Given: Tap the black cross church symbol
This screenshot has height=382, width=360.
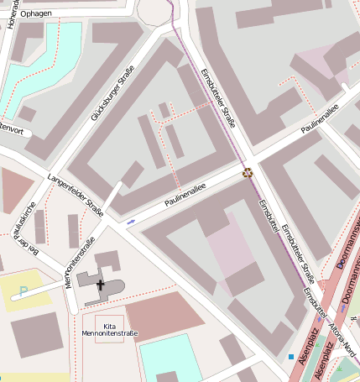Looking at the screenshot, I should (x=101, y=285).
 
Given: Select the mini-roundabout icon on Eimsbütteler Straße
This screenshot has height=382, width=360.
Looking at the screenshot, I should (x=248, y=174).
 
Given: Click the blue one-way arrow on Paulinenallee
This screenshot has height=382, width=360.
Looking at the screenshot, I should (x=131, y=222).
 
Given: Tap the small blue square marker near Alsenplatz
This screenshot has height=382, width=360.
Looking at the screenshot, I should (x=291, y=357).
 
